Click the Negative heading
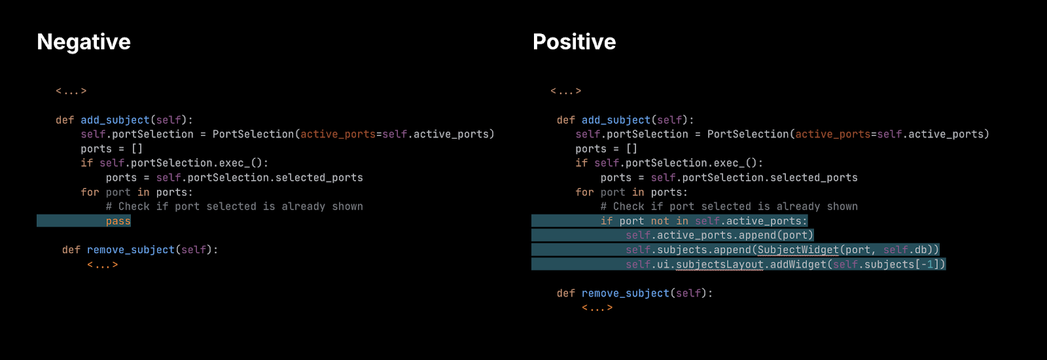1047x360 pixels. (x=84, y=42)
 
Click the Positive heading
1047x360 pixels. (x=574, y=42)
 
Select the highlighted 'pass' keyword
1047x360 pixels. (x=118, y=221)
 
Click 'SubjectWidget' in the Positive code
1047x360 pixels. (x=798, y=250)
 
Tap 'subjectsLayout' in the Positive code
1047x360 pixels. (x=720, y=264)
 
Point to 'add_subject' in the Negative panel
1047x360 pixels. (x=115, y=120)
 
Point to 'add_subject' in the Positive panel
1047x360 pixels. (x=616, y=120)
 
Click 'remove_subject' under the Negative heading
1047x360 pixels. (x=131, y=250)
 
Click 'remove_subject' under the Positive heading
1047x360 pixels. (x=626, y=294)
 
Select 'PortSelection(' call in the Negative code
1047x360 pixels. (x=256, y=135)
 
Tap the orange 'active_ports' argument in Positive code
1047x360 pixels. (x=833, y=135)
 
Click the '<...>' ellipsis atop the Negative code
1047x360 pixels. (x=71, y=91)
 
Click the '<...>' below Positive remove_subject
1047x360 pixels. (x=597, y=308)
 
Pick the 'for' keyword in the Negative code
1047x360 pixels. (x=90, y=192)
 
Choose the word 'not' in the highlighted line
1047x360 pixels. (x=660, y=221)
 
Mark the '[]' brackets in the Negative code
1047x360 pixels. (x=137, y=149)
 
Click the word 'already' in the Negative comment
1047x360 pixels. (x=304, y=207)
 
